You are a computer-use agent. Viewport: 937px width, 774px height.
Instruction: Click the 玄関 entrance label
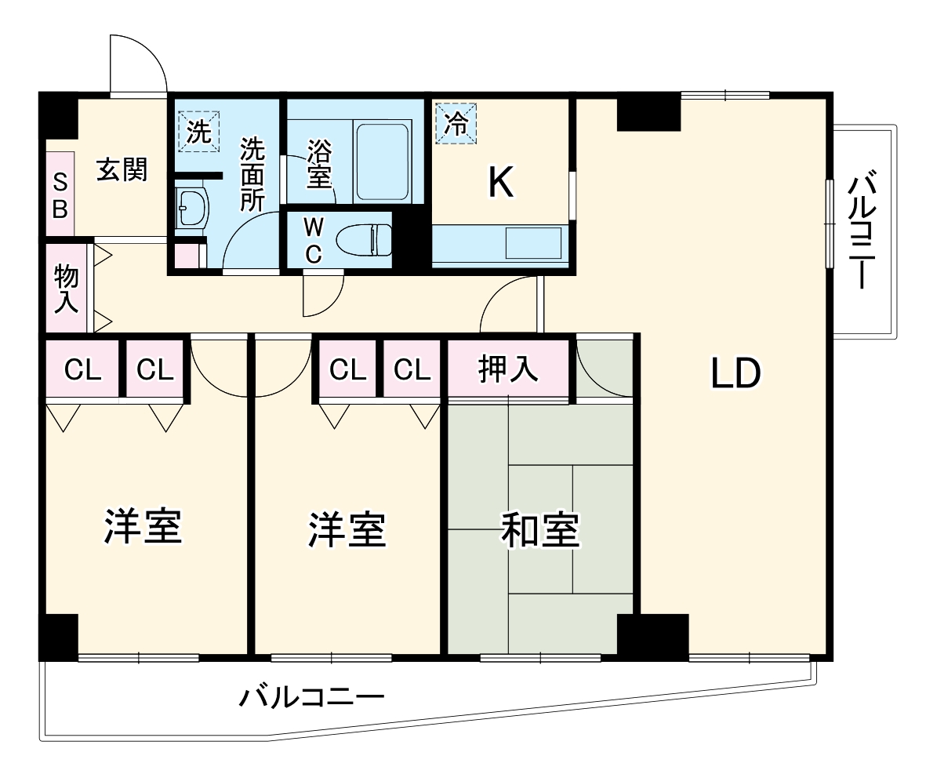122,169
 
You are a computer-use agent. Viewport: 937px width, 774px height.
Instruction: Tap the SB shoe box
60,195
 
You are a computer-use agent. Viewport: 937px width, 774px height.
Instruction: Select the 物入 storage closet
66,289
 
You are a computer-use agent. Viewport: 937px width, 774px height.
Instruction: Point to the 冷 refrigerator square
456,123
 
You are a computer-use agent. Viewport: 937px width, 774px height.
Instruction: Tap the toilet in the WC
365,239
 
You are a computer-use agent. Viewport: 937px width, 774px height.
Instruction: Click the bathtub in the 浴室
383,162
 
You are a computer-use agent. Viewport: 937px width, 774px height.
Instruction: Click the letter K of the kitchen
501,184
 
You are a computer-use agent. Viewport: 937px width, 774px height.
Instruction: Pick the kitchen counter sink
533,242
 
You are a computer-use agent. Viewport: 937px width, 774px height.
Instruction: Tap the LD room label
735,373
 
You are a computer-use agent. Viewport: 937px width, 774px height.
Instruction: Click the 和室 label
540,530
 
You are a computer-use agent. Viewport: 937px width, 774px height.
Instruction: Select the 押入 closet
508,369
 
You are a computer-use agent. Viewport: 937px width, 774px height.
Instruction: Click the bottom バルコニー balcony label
311,696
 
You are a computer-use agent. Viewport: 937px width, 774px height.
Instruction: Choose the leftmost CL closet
82,369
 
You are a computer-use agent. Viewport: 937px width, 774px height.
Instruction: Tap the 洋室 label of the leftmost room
143,527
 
